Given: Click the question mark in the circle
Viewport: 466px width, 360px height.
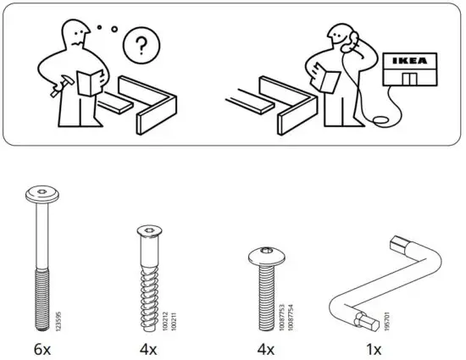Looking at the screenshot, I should pyautogui.click(x=140, y=44).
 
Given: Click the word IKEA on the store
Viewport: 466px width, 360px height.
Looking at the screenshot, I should pyautogui.click(x=412, y=63).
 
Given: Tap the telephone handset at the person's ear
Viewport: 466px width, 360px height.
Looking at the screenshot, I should pyautogui.click(x=346, y=39).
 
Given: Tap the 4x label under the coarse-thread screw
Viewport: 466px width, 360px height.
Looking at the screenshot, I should pyautogui.click(x=149, y=346).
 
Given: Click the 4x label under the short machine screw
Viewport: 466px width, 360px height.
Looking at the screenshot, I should pyautogui.click(x=264, y=346).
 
